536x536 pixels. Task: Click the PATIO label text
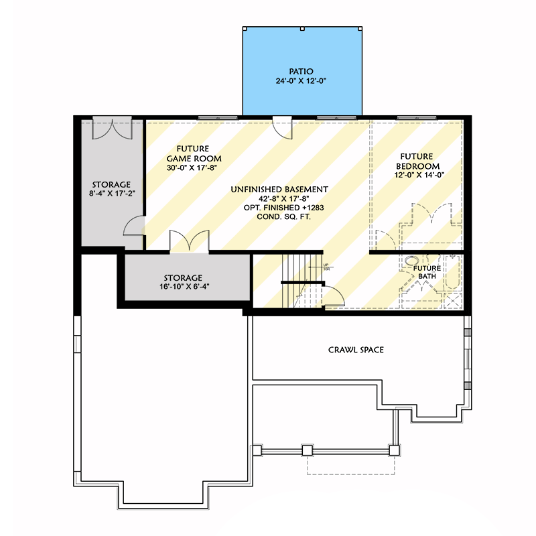[301, 71]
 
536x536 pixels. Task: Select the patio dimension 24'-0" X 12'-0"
[301, 80]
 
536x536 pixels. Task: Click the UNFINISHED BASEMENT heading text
[279, 190]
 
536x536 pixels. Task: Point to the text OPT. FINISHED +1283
[279, 208]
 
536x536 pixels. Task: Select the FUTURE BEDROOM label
[418, 161]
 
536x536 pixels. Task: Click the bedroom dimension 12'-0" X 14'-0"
[418, 176]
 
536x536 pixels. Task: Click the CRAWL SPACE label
[356, 350]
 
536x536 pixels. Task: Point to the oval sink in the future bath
[411, 262]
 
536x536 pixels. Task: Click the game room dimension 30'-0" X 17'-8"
[192, 167]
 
